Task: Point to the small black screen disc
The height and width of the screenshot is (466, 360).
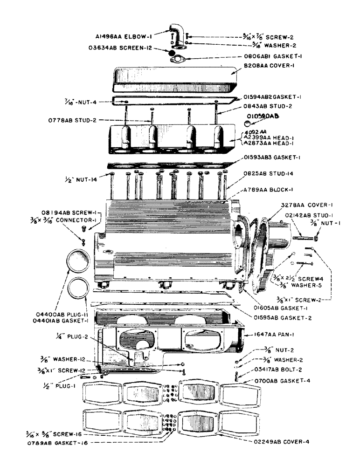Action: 173,55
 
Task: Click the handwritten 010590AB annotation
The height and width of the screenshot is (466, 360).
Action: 263,115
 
